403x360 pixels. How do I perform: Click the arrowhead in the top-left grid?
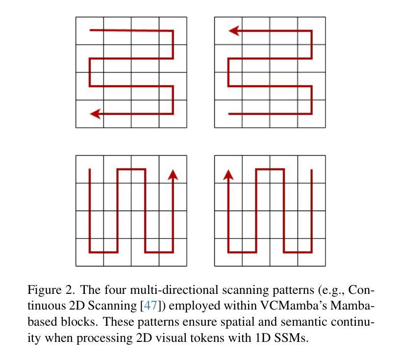[95, 114]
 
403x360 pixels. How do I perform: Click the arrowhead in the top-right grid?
[234, 31]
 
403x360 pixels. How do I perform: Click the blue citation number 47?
[151, 306]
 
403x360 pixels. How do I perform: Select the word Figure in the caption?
[45, 290]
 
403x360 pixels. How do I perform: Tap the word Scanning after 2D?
[112, 306]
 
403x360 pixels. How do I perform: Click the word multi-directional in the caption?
[174, 290]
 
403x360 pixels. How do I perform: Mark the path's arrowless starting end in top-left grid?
[90, 30]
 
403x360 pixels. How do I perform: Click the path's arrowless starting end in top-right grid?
[229, 114]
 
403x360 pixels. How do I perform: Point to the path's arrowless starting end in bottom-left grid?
[90, 169]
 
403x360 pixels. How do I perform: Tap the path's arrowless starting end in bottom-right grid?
[311, 170]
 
